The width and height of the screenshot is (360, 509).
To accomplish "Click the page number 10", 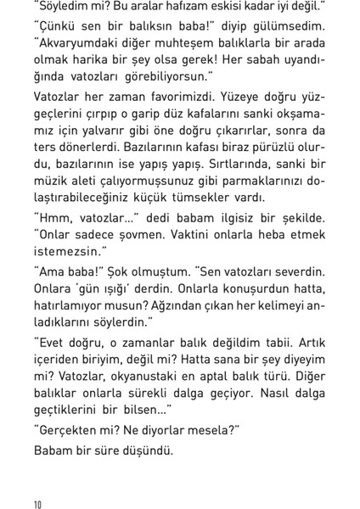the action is (x=38, y=504).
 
